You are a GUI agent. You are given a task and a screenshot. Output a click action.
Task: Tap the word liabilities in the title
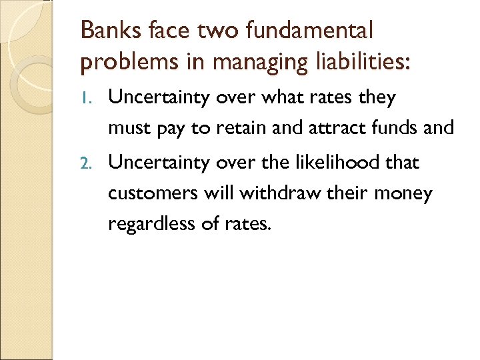coord(360,62)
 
